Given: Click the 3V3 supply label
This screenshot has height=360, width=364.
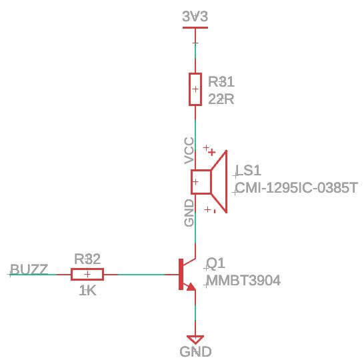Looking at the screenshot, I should tap(195, 17).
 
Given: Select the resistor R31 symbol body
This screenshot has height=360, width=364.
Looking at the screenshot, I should tap(195, 89).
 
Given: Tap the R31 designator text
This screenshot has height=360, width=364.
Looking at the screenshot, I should tap(221, 82).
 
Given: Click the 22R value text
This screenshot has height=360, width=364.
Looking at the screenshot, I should tap(221, 99).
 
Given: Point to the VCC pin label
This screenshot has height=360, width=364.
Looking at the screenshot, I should tap(189, 151).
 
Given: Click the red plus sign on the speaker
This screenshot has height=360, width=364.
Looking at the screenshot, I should tap(211, 152).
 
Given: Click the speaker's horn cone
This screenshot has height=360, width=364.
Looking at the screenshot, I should tap(221, 181).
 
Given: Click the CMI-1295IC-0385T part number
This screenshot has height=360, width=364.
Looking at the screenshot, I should tap(297, 188).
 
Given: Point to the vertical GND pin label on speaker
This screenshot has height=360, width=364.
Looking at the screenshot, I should tap(189, 212).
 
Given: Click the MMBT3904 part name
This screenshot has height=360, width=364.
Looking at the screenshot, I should tap(243, 281).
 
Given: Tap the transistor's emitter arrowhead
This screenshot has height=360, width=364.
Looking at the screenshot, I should tap(191, 287).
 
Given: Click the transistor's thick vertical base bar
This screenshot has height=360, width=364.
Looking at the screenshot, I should tap(181, 274).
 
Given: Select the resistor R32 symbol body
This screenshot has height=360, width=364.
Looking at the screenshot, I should tap(87, 274).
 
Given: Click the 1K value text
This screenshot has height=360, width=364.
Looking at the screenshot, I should tap(87, 291).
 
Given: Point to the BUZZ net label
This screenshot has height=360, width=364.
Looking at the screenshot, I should tap(29, 269).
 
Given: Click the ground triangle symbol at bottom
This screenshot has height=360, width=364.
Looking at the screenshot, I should tap(195, 339).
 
